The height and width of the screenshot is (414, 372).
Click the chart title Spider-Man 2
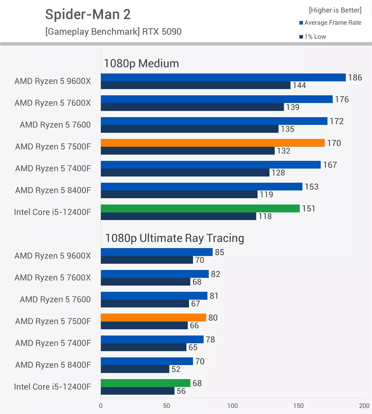tap(88, 14)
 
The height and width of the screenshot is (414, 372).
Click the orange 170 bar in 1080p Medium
tap(213, 143)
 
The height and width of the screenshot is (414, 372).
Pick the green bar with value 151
tap(200, 208)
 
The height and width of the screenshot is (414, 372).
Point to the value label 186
tap(355, 77)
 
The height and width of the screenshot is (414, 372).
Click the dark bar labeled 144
tap(195, 85)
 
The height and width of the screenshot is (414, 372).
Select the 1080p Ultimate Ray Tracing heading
tap(174, 238)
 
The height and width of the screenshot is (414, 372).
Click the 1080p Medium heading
tap(141, 63)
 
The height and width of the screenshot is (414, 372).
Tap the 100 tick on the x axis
tap(232, 406)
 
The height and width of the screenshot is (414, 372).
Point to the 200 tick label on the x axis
tap(364, 406)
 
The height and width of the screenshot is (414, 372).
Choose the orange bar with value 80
tap(153, 317)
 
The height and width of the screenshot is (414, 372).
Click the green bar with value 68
tap(145, 383)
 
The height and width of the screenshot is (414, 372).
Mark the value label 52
tap(176, 369)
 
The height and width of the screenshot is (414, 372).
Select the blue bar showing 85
tap(157, 252)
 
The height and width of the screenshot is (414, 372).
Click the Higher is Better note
tap(335, 10)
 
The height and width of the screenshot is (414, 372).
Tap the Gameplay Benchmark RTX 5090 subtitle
tap(113, 32)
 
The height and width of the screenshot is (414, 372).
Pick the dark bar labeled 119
tap(179, 194)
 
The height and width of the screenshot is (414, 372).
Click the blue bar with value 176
tap(216, 99)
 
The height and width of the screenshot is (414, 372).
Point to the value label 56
tap(181, 391)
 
